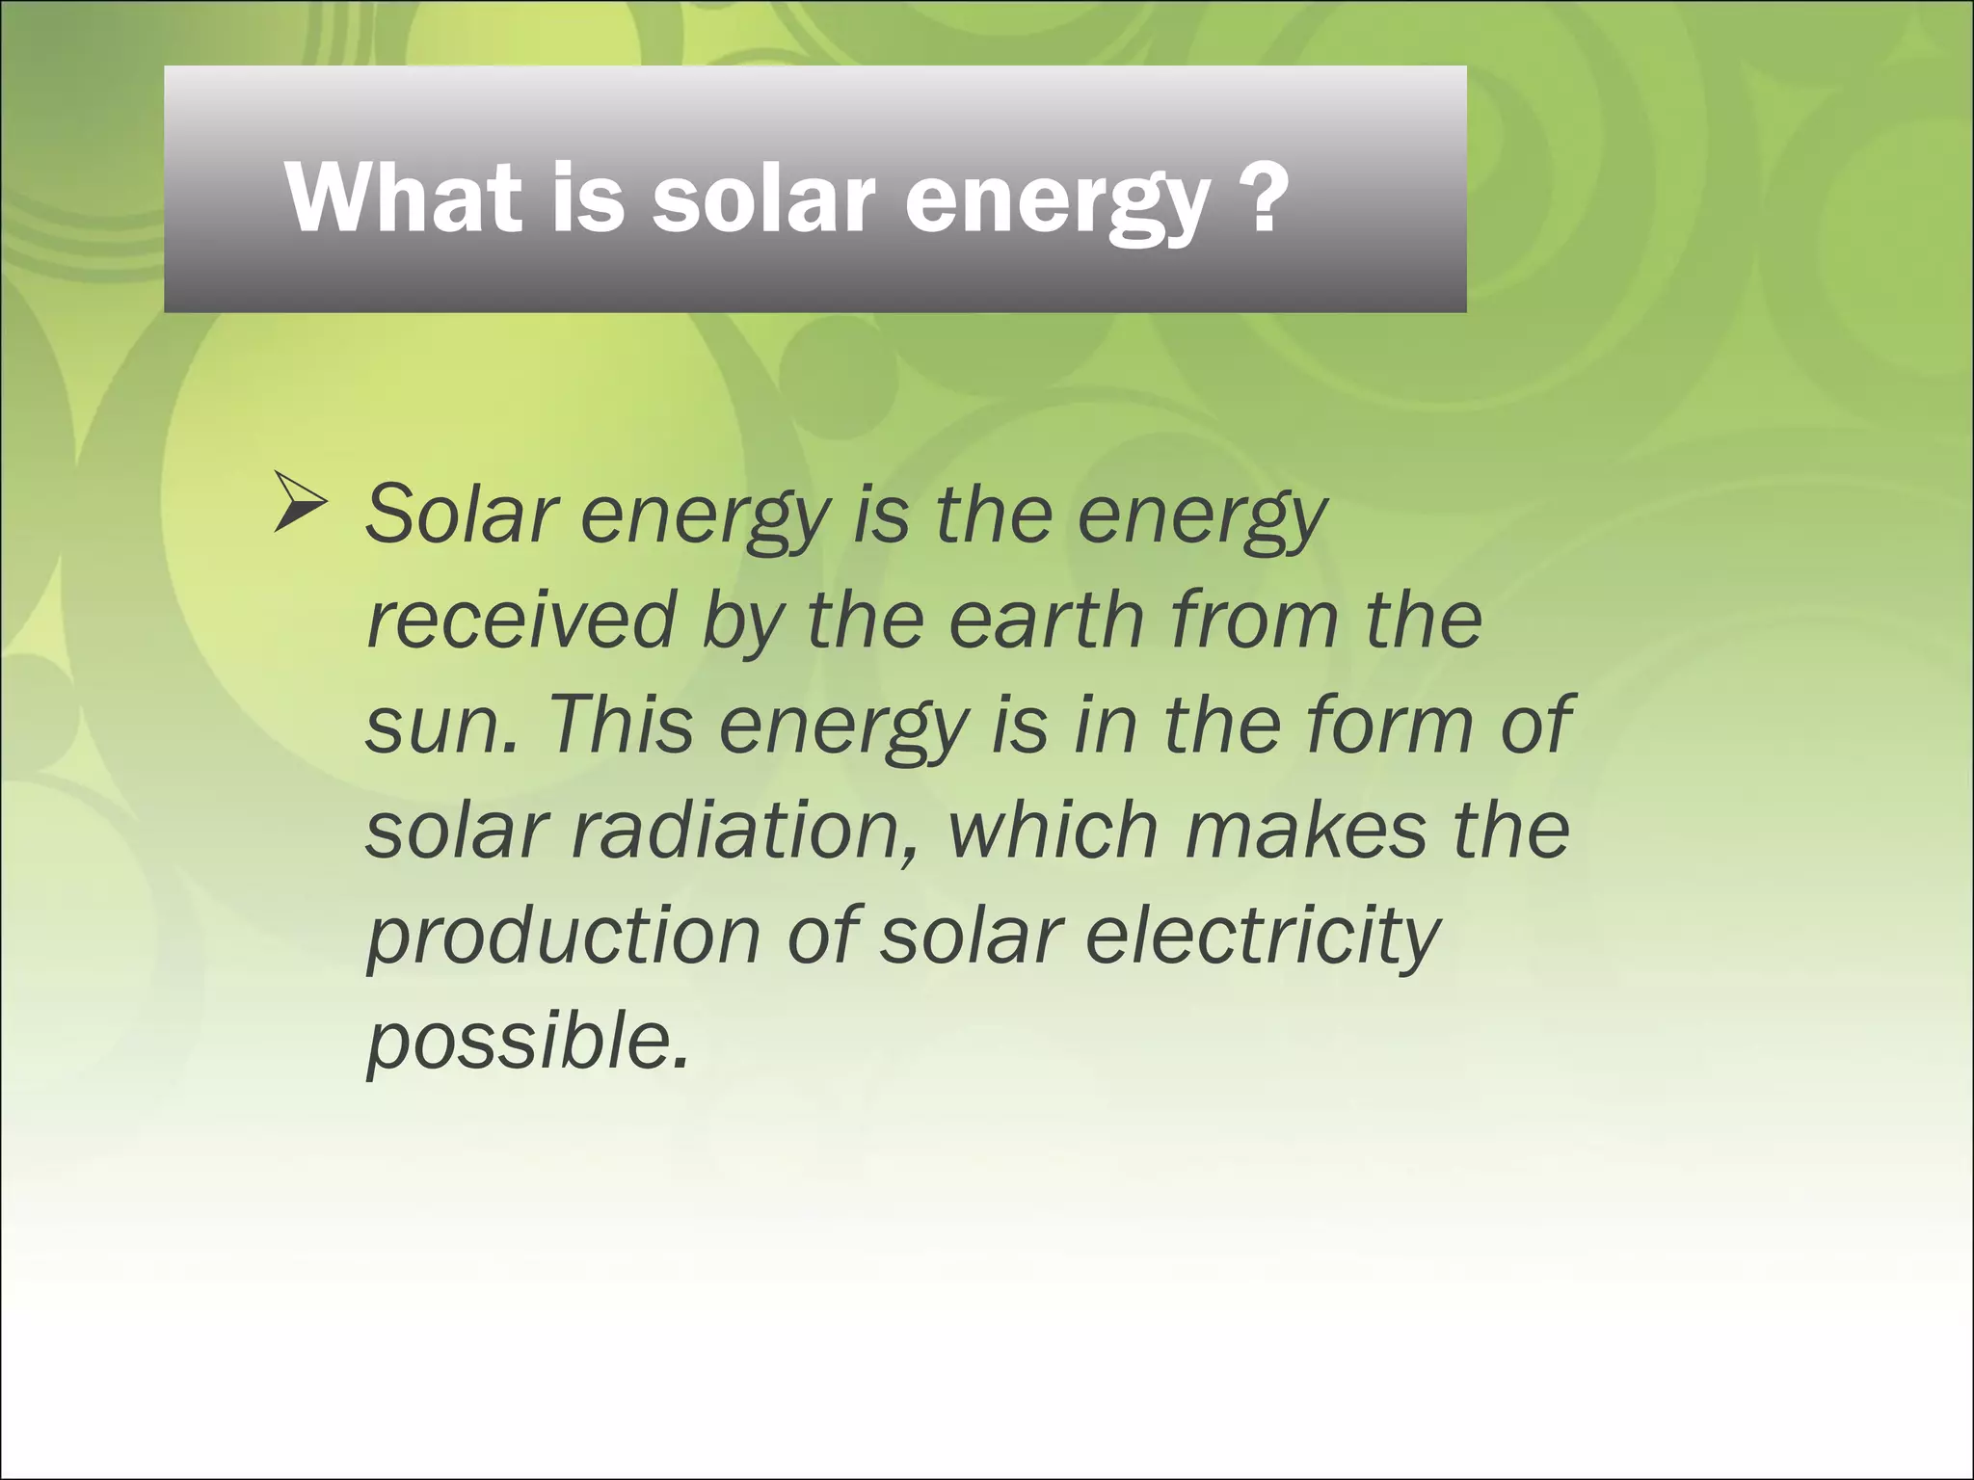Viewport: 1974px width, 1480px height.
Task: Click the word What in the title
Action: [x=404, y=198]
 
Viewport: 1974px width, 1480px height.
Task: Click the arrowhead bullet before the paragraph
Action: [x=299, y=502]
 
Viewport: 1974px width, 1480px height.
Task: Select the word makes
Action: [x=1305, y=831]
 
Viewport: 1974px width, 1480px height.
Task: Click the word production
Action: [x=564, y=938]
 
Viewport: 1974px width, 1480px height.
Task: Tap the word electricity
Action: [x=1263, y=938]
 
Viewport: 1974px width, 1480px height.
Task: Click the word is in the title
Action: [x=588, y=198]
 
